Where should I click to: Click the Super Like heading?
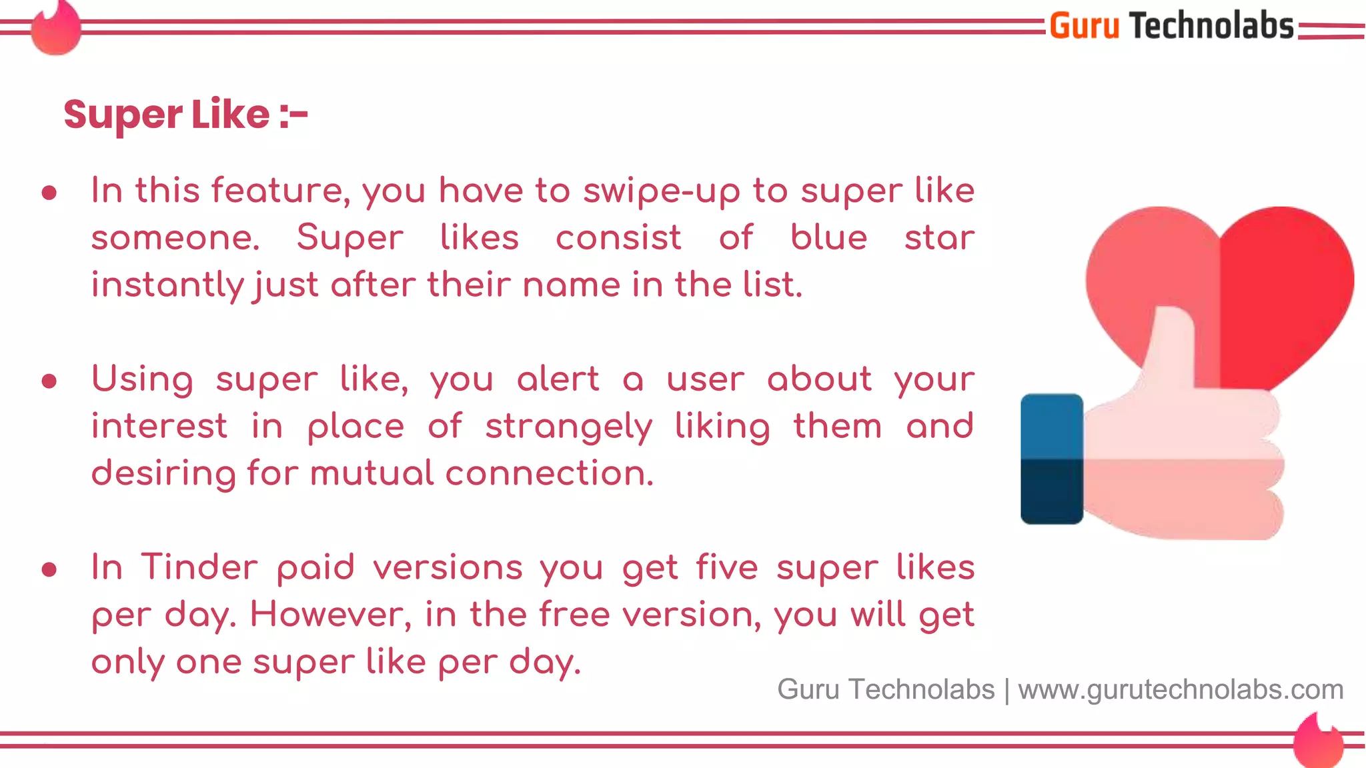tap(185, 115)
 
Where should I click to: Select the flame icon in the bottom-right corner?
tap(1319, 741)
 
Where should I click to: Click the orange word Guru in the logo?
tap(1084, 27)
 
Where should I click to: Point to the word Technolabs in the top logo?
tap(1211, 27)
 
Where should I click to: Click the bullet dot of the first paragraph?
tap(49, 193)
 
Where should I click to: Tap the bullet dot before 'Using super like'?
tap(49, 381)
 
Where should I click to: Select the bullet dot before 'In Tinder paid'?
tap(49, 570)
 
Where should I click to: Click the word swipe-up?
tap(662, 191)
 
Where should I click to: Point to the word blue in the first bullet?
tap(828, 237)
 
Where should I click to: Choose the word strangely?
tap(568, 427)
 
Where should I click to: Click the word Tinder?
tap(199, 567)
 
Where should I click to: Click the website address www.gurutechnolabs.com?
tap(1181, 689)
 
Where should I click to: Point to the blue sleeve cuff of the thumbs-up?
tap(1052, 459)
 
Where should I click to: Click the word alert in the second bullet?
tap(558, 379)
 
